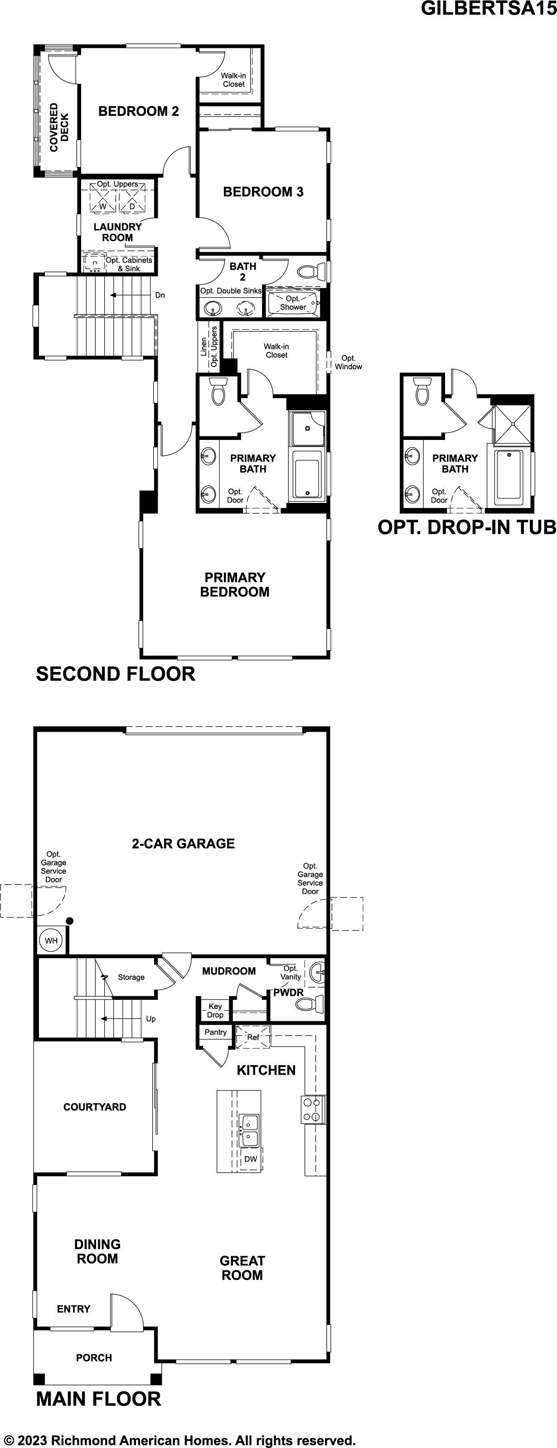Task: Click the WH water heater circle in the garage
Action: (51, 941)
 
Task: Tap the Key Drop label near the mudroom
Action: (215, 1010)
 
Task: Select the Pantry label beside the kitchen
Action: (216, 1032)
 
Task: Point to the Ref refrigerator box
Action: (253, 1037)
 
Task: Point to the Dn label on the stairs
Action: (160, 295)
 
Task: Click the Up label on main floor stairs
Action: (150, 1018)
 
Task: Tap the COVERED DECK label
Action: (59, 127)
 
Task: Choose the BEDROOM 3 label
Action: (263, 192)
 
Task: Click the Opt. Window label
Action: (349, 362)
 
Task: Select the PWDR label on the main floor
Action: (288, 993)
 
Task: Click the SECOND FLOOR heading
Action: (115, 674)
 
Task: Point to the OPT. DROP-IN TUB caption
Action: (466, 527)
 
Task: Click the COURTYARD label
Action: (94, 1107)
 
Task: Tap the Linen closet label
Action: (203, 347)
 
